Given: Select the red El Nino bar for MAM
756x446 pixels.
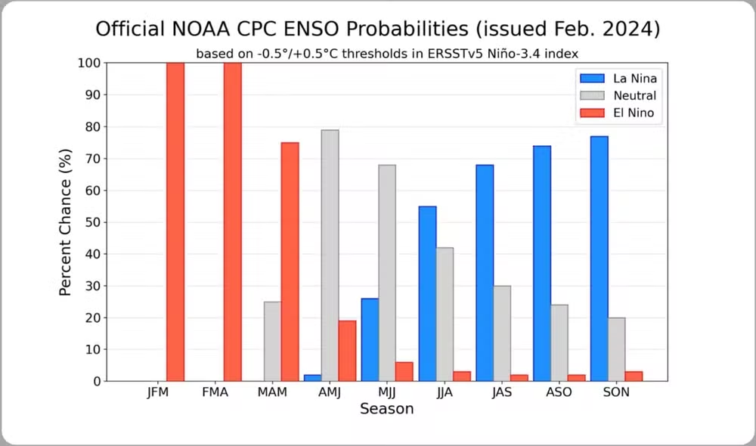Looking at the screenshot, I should [290, 262].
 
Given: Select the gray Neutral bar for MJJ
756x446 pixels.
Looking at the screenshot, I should [387, 273].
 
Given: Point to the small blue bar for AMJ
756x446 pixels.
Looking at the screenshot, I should [312, 378].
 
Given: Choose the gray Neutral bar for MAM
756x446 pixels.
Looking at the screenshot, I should [272, 341].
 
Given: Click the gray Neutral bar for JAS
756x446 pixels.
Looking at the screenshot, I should [502, 333].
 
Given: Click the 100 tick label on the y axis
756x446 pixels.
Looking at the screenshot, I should [89, 63].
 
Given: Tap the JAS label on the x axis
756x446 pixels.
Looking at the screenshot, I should [502, 393].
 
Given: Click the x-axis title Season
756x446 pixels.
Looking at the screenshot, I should [386, 409].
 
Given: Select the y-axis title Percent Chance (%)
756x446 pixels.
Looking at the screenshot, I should [66, 222].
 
